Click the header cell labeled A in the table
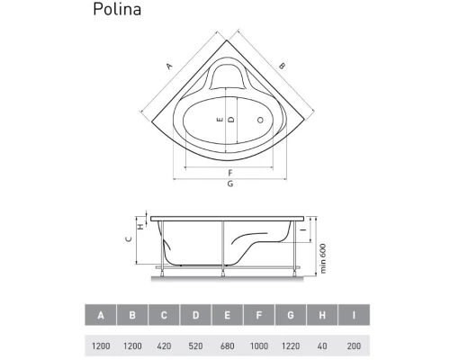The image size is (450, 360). pos(101,316)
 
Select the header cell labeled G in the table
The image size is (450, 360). pos(290,316)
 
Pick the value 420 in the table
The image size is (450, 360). pos(164,345)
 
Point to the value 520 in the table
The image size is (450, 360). pos(195,345)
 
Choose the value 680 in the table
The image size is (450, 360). pos(227,345)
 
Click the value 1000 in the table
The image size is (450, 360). pos(258,345)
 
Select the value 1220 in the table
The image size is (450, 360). pos(290,345)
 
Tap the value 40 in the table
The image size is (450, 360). pos(321,345)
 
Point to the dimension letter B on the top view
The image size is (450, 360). pos(281,65)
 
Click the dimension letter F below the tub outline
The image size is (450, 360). pos(230,172)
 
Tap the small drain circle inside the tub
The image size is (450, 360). pos(261,119)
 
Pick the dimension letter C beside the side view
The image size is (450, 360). pos(129,238)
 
